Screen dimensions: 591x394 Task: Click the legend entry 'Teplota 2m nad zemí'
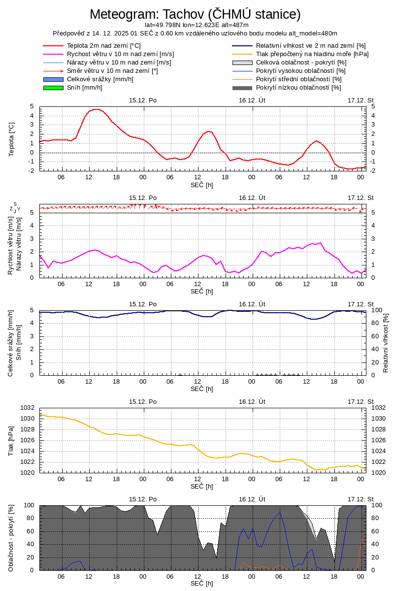coord(103,46)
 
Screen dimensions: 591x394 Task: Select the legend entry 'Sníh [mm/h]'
coord(84,88)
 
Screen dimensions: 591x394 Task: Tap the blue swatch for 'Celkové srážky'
coord(53,79)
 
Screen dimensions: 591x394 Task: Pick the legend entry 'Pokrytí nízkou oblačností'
coord(298,88)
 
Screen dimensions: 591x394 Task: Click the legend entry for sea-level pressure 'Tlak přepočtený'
coord(312,54)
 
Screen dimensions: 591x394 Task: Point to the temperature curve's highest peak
coord(96,109)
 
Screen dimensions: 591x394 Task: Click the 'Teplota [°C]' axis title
coord(11,139)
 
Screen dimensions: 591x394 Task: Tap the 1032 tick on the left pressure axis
coord(27,408)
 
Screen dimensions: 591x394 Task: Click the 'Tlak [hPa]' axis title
coord(11,440)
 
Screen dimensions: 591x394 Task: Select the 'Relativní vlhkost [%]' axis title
coord(386,342)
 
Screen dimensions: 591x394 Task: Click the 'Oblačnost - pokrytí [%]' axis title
coord(11,538)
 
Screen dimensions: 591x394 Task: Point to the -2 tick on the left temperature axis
coord(31,170)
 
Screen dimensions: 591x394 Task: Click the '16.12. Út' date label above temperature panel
coord(252,100)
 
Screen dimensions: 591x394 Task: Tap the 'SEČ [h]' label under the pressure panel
coord(202,487)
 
